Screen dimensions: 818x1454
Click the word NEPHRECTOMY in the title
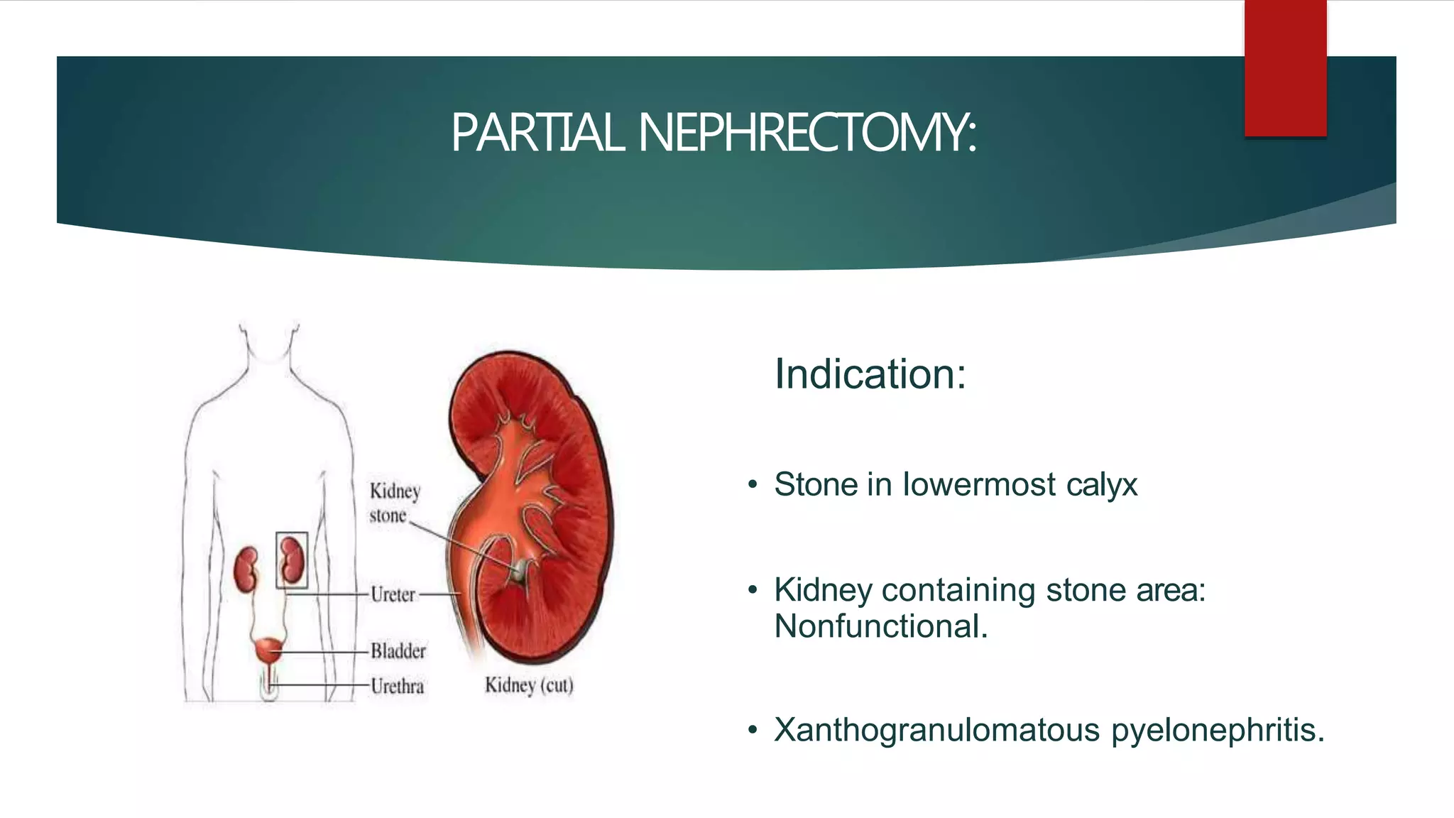coord(807,133)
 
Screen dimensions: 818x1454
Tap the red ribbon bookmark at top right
coord(1285,68)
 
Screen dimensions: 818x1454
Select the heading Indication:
coord(870,374)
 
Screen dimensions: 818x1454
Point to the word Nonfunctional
coord(880,626)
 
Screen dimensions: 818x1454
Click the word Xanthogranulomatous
coord(936,729)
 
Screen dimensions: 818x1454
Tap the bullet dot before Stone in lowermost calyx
coord(753,485)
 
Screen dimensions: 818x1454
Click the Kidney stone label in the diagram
coord(393,503)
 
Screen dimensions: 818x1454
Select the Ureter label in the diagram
coord(392,594)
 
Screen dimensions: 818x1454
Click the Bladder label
coord(398,650)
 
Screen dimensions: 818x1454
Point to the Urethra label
coord(397,686)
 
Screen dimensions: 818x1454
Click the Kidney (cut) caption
coord(529,685)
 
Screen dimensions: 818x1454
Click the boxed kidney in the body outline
coord(291,559)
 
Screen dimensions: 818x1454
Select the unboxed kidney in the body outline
coord(246,569)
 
